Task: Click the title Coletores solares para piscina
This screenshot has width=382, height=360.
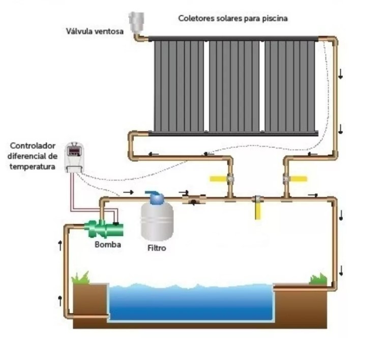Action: [233, 18]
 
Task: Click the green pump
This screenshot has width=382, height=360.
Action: [105, 229]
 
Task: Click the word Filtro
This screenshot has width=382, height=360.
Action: [156, 249]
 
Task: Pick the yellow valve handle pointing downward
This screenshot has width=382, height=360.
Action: [257, 211]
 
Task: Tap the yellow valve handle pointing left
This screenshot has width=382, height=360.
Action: [219, 178]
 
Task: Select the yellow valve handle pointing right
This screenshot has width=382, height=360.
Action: [298, 178]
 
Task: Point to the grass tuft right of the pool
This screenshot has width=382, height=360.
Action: [318, 279]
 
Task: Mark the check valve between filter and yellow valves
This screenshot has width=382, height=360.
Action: [193, 200]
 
